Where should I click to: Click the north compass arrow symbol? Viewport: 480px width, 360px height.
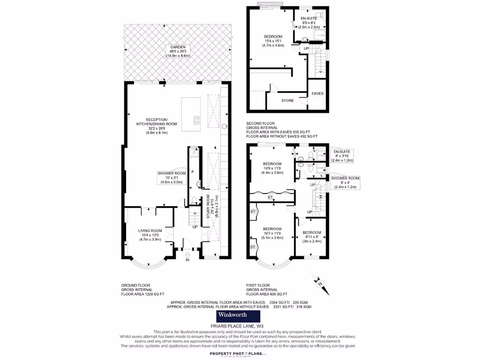[317, 282]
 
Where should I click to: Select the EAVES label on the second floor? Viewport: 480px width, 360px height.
[317, 93]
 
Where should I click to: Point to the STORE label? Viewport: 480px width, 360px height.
[287, 100]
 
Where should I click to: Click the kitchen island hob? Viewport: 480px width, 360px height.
[196, 120]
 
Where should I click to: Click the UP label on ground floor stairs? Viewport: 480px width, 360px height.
[195, 227]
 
